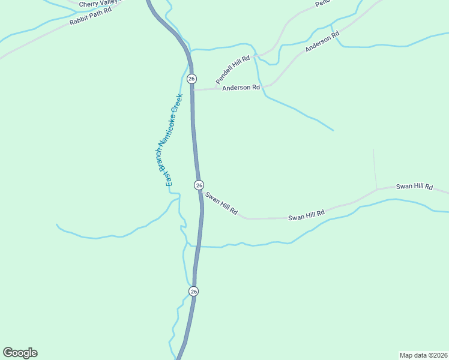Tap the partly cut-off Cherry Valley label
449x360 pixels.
point(100,4)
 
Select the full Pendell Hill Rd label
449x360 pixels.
point(232,71)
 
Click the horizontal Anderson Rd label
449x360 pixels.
point(241,88)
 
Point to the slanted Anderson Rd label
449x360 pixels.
point(322,41)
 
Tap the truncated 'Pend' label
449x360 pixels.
point(323,3)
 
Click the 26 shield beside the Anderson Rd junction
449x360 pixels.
point(191,79)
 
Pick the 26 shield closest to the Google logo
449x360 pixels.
point(193,291)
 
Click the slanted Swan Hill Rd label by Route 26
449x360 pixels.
point(221,203)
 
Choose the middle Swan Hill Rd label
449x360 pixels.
point(306,215)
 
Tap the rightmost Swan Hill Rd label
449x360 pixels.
point(414,187)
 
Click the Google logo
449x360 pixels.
point(20,353)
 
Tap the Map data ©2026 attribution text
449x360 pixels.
point(423,355)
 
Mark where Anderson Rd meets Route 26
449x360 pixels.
point(192,90)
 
